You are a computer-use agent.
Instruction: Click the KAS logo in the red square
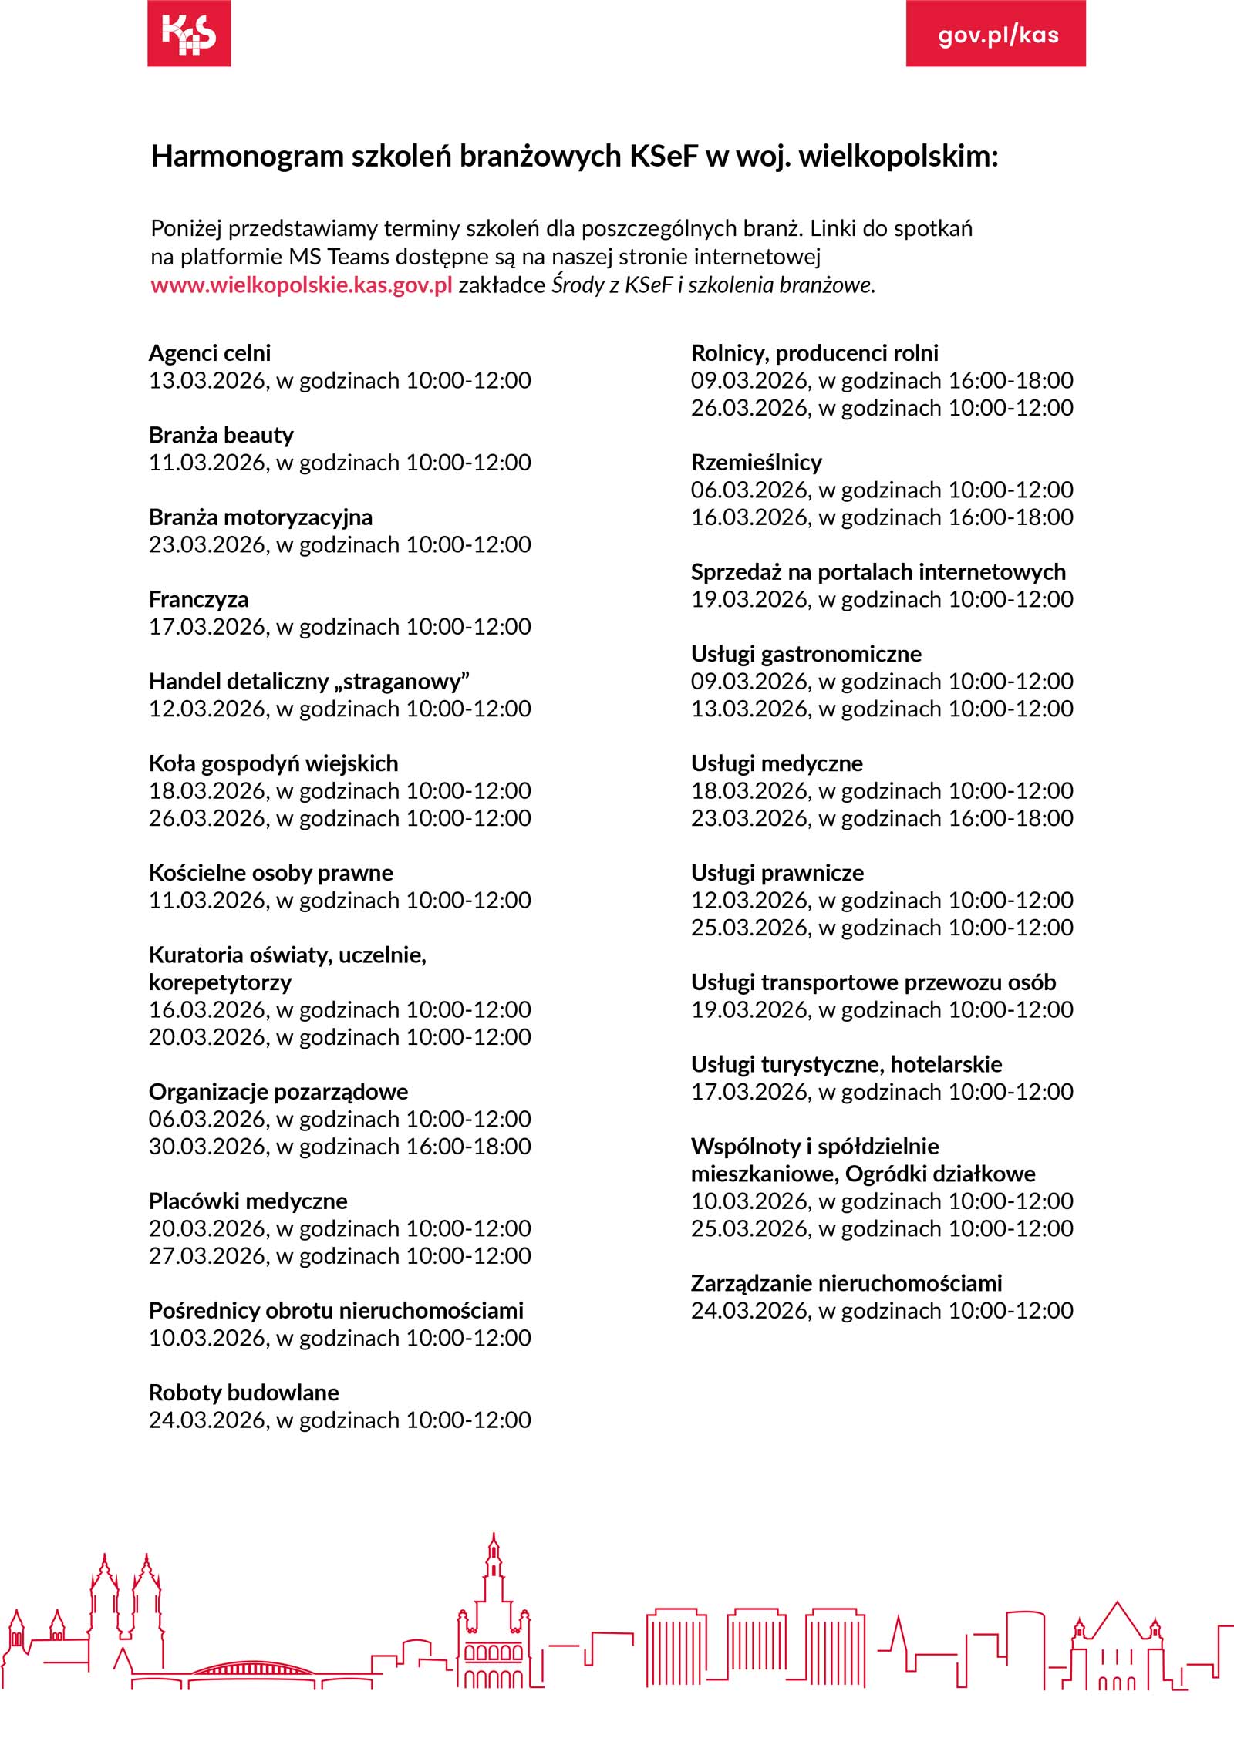(189, 33)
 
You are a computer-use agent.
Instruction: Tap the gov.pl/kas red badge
(996, 34)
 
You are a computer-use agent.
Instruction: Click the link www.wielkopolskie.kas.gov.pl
(302, 285)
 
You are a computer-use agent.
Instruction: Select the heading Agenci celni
(210, 353)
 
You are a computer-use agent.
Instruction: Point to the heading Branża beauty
(221, 435)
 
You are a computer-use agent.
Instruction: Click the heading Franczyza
(199, 599)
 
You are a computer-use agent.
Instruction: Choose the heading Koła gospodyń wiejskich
(274, 763)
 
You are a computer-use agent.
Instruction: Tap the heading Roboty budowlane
(244, 1393)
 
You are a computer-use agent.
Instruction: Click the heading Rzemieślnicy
(757, 463)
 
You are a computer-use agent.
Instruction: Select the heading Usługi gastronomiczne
(806, 654)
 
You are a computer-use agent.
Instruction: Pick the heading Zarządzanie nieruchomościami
(846, 1283)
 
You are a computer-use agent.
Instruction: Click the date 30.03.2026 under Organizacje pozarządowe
(207, 1147)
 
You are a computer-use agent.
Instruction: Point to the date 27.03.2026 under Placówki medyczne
(207, 1256)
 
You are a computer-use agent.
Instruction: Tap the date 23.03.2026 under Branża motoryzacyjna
(207, 545)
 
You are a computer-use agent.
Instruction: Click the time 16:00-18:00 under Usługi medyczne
(1010, 818)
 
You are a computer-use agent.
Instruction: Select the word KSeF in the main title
(664, 157)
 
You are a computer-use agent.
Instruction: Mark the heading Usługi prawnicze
(777, 873)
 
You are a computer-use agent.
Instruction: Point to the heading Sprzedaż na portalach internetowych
(878, 572)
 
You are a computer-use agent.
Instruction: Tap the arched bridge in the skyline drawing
(251, 1666)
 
